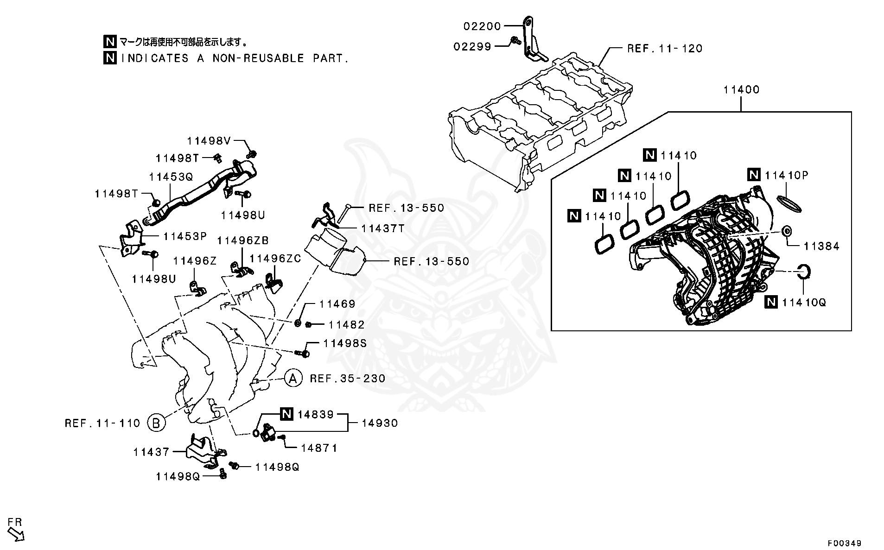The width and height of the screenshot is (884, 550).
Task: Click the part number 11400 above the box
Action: [741, 90]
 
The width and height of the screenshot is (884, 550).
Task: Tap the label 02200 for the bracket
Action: [482, 26]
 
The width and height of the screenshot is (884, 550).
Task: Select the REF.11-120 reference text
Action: [664, 48]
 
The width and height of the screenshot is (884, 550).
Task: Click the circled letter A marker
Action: [293, 379]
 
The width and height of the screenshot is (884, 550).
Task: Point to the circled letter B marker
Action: [156, 423]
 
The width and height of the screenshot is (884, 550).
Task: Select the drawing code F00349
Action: [845, 543]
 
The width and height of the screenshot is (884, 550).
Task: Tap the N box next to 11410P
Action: [754, 175]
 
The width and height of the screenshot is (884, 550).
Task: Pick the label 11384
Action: [821, 246]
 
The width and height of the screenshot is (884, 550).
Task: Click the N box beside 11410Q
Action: [770, 302]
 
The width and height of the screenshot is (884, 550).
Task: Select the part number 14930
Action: [379, 423]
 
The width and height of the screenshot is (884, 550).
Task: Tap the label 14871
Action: [319, 448]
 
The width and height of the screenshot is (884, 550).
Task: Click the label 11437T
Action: [383, 228]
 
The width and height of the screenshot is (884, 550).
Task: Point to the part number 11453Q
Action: [170, 177]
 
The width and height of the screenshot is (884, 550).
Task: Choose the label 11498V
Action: [208, 140]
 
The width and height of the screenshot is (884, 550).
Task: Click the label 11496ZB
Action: [242, 240]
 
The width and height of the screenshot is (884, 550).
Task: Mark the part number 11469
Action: [337, 304]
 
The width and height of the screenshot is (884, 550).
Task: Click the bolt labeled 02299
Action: [514, 42]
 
